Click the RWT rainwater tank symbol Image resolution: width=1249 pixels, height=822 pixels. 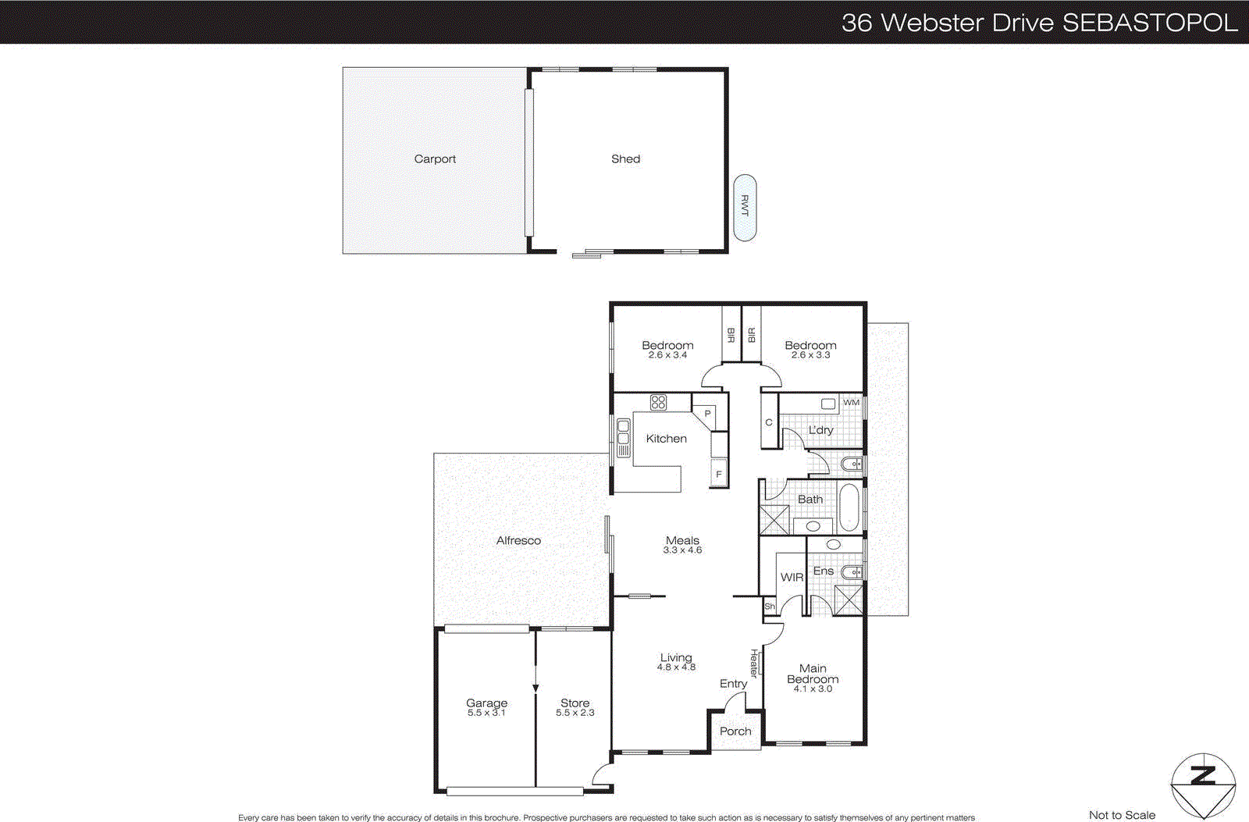pyautogui.click(x=745, y=207)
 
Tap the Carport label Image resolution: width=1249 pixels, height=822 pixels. pyautogui.click(x=435, y=159)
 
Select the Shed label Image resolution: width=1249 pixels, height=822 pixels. pyautogui.click(x=625, y=159)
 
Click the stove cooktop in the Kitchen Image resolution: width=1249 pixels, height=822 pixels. pyautogui.click(x=658, y=403)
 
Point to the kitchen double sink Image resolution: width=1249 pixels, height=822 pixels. pyautogui.click(x=623, y=438)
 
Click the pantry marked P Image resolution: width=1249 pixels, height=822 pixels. pyautogui.click(x=707, y=414)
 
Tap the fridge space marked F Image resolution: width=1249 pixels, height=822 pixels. pyautogui.click(x=719, y=474)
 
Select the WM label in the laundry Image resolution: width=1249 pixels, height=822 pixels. pyautogui.click(x=851, y=403)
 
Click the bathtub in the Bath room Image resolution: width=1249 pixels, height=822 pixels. pyautogui.click(x=849, y=507)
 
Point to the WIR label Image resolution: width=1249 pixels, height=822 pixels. pyautogui.click(x=792, y=578)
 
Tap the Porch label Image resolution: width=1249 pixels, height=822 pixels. pyautogui.click(x=735, y=731)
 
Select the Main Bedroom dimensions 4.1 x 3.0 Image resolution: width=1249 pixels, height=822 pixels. pyautogui.click(x=813, y=689)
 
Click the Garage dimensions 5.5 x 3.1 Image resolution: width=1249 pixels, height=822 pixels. pyautogui.click(x=486, y=713)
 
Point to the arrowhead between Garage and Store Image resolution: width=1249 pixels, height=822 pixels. pyautogui.click(x=536, y=688)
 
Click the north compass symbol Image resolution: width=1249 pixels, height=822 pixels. pyautogui.click(x=1203, y=785)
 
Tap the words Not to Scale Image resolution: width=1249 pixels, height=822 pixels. pyautogui.click(x=1122, y=815)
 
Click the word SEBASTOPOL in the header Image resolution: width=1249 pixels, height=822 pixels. pyautogui.click(x=1150, y=23)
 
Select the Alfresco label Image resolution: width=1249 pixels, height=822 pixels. pyautogui.click(x=518, y=540)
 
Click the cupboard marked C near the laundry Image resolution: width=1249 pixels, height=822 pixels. pyautogui.click(x=769, y=422)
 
